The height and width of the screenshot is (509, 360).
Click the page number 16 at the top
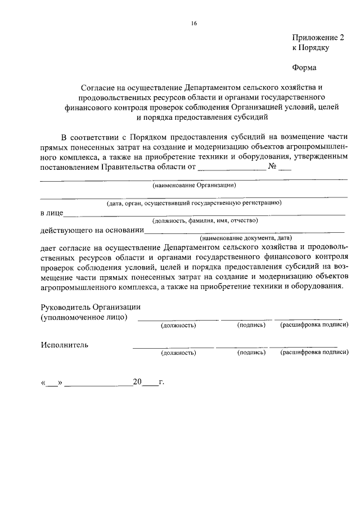[193, 23]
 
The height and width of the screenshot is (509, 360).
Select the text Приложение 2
[317, 38]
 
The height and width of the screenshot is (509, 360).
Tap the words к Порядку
[310, 48]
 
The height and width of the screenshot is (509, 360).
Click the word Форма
[304, 68]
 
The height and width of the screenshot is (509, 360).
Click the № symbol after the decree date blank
[274, 167]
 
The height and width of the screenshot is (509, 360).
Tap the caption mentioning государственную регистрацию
[194, 202]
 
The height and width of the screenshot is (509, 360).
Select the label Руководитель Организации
[91, 307]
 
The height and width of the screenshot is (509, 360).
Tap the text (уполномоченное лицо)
[84, 317]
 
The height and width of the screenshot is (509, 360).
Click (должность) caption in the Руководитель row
[178, 326]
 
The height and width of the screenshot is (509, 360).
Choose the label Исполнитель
[64, 345]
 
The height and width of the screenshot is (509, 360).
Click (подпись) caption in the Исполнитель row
[251, 353]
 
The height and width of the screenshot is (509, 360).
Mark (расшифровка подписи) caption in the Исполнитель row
[314, 353]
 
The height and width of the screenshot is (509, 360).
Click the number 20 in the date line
[137, 382]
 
